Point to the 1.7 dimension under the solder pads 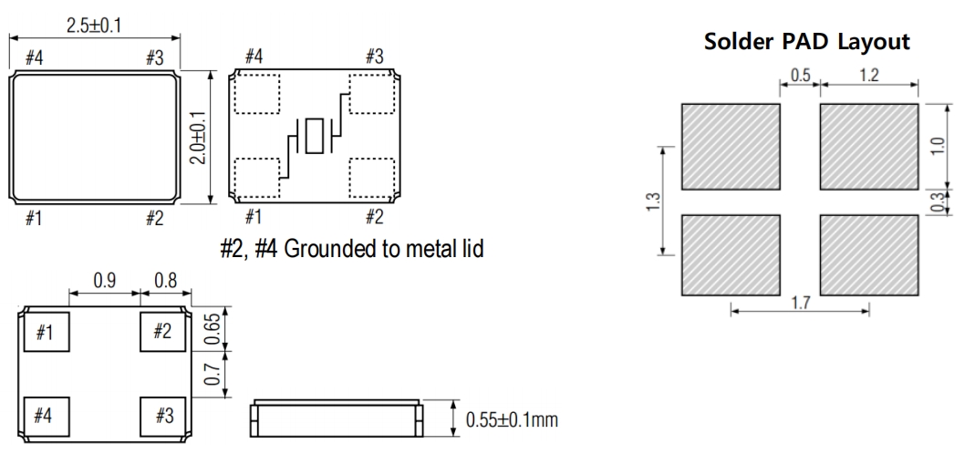coord(800,301)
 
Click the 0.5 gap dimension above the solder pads coord(800,75)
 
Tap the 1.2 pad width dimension coord(868,75)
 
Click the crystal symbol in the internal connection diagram coord(315,139)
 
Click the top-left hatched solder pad coord(731,143)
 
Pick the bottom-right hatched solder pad coord(868,255)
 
